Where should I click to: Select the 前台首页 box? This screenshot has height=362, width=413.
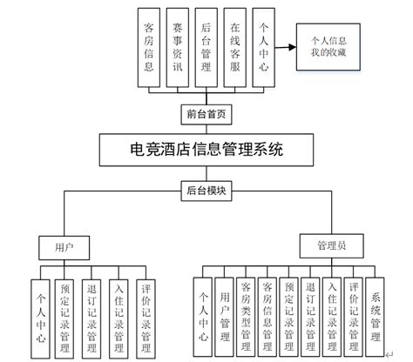[x=206, y=112]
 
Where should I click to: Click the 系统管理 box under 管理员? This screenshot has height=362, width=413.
[x=376, y=309]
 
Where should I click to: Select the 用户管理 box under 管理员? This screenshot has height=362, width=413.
[x=225, y=309]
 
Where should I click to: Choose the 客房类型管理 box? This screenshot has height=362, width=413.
[x=247, y=309]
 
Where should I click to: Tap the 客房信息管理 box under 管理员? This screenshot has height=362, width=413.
[x=268, y=309]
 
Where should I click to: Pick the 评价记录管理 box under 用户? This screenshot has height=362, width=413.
[x=148, y=309]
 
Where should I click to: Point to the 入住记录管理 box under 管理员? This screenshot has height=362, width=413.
[x=332, y=309]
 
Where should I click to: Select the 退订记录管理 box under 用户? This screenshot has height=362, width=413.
[x=92, y=309]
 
